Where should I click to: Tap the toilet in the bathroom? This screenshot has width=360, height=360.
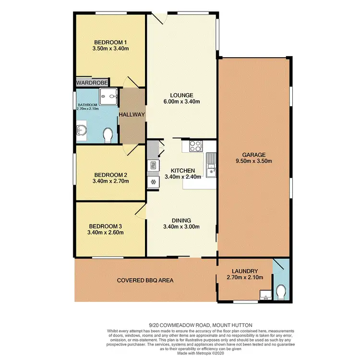click(x=108, y=135)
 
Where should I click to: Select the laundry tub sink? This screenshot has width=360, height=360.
click(x=264, y=295)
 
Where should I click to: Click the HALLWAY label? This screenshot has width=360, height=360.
click(x=132, y=115)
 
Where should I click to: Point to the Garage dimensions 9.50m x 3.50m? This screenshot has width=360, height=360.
click(x=254, y=161)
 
